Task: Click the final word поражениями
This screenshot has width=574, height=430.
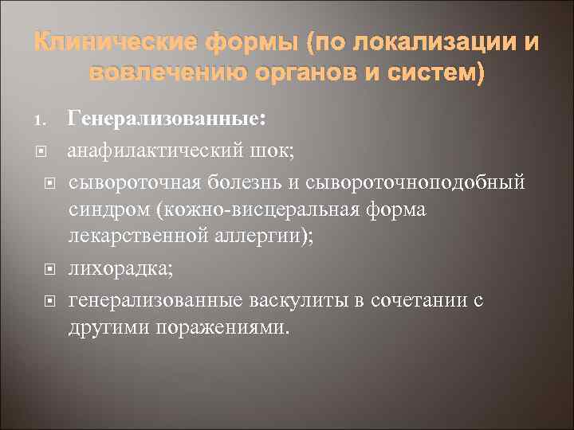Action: coord(228,328)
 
